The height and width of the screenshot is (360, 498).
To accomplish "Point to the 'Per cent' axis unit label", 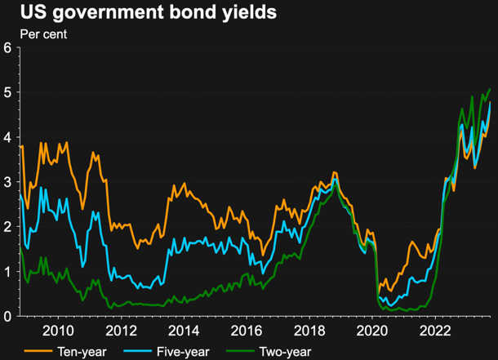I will tap(42, 35).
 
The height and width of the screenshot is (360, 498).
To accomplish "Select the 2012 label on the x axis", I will tap(120, 331).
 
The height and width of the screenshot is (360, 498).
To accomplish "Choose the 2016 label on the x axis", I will tap(246, 331).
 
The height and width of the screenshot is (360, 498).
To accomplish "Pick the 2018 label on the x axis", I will tap(309, 331).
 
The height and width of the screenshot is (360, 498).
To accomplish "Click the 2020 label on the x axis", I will tap(371, 331).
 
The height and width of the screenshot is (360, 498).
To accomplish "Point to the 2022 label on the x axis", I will tap(434, 331).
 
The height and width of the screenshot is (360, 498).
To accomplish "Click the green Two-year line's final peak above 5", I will tap(490, 89).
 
